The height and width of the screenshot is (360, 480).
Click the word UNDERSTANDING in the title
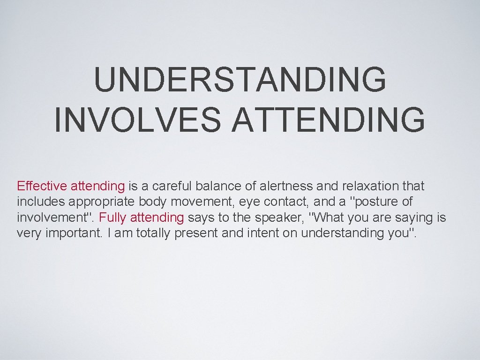click(240, 80)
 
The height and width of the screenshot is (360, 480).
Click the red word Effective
click(42, 186)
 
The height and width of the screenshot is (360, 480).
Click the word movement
click(200, 202)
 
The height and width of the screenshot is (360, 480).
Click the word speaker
click(283, 217)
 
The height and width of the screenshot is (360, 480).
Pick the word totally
click(146, 233)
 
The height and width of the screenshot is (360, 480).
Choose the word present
click(196, 233)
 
